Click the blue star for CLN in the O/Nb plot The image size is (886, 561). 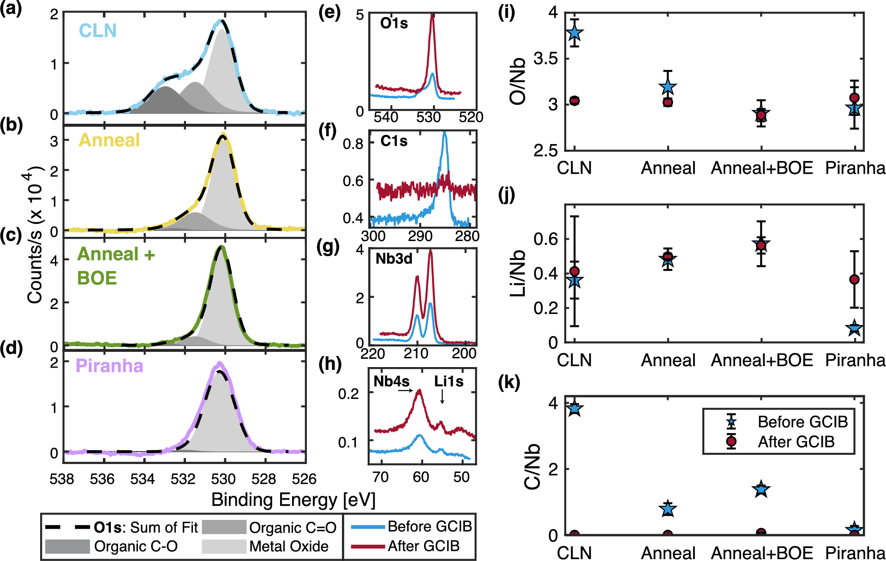pos(575,33)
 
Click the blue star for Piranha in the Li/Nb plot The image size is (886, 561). pos(854,329)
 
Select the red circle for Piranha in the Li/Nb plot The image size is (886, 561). pos(854,279)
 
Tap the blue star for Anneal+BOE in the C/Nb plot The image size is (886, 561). pos(761,489)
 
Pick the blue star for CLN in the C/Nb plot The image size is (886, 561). pos(575,408)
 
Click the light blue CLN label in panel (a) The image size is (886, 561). pos(97,30)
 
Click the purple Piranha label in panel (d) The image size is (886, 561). pos(109,366)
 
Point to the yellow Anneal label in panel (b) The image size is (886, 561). pos(109,140)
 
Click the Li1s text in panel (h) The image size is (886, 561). pos(449,381)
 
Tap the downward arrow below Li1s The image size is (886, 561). pos(442,397)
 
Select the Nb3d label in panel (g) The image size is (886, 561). pos(394,259)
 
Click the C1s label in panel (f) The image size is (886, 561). pos(394,141)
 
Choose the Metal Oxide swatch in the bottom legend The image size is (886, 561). pos(224,546)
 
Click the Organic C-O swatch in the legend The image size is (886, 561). pos(67,546)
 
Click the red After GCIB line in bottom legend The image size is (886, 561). pos(368,546)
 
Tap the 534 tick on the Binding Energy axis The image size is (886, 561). pos(142,479)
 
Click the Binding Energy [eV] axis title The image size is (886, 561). pos(293,500)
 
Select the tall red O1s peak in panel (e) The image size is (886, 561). pos(432,28)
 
